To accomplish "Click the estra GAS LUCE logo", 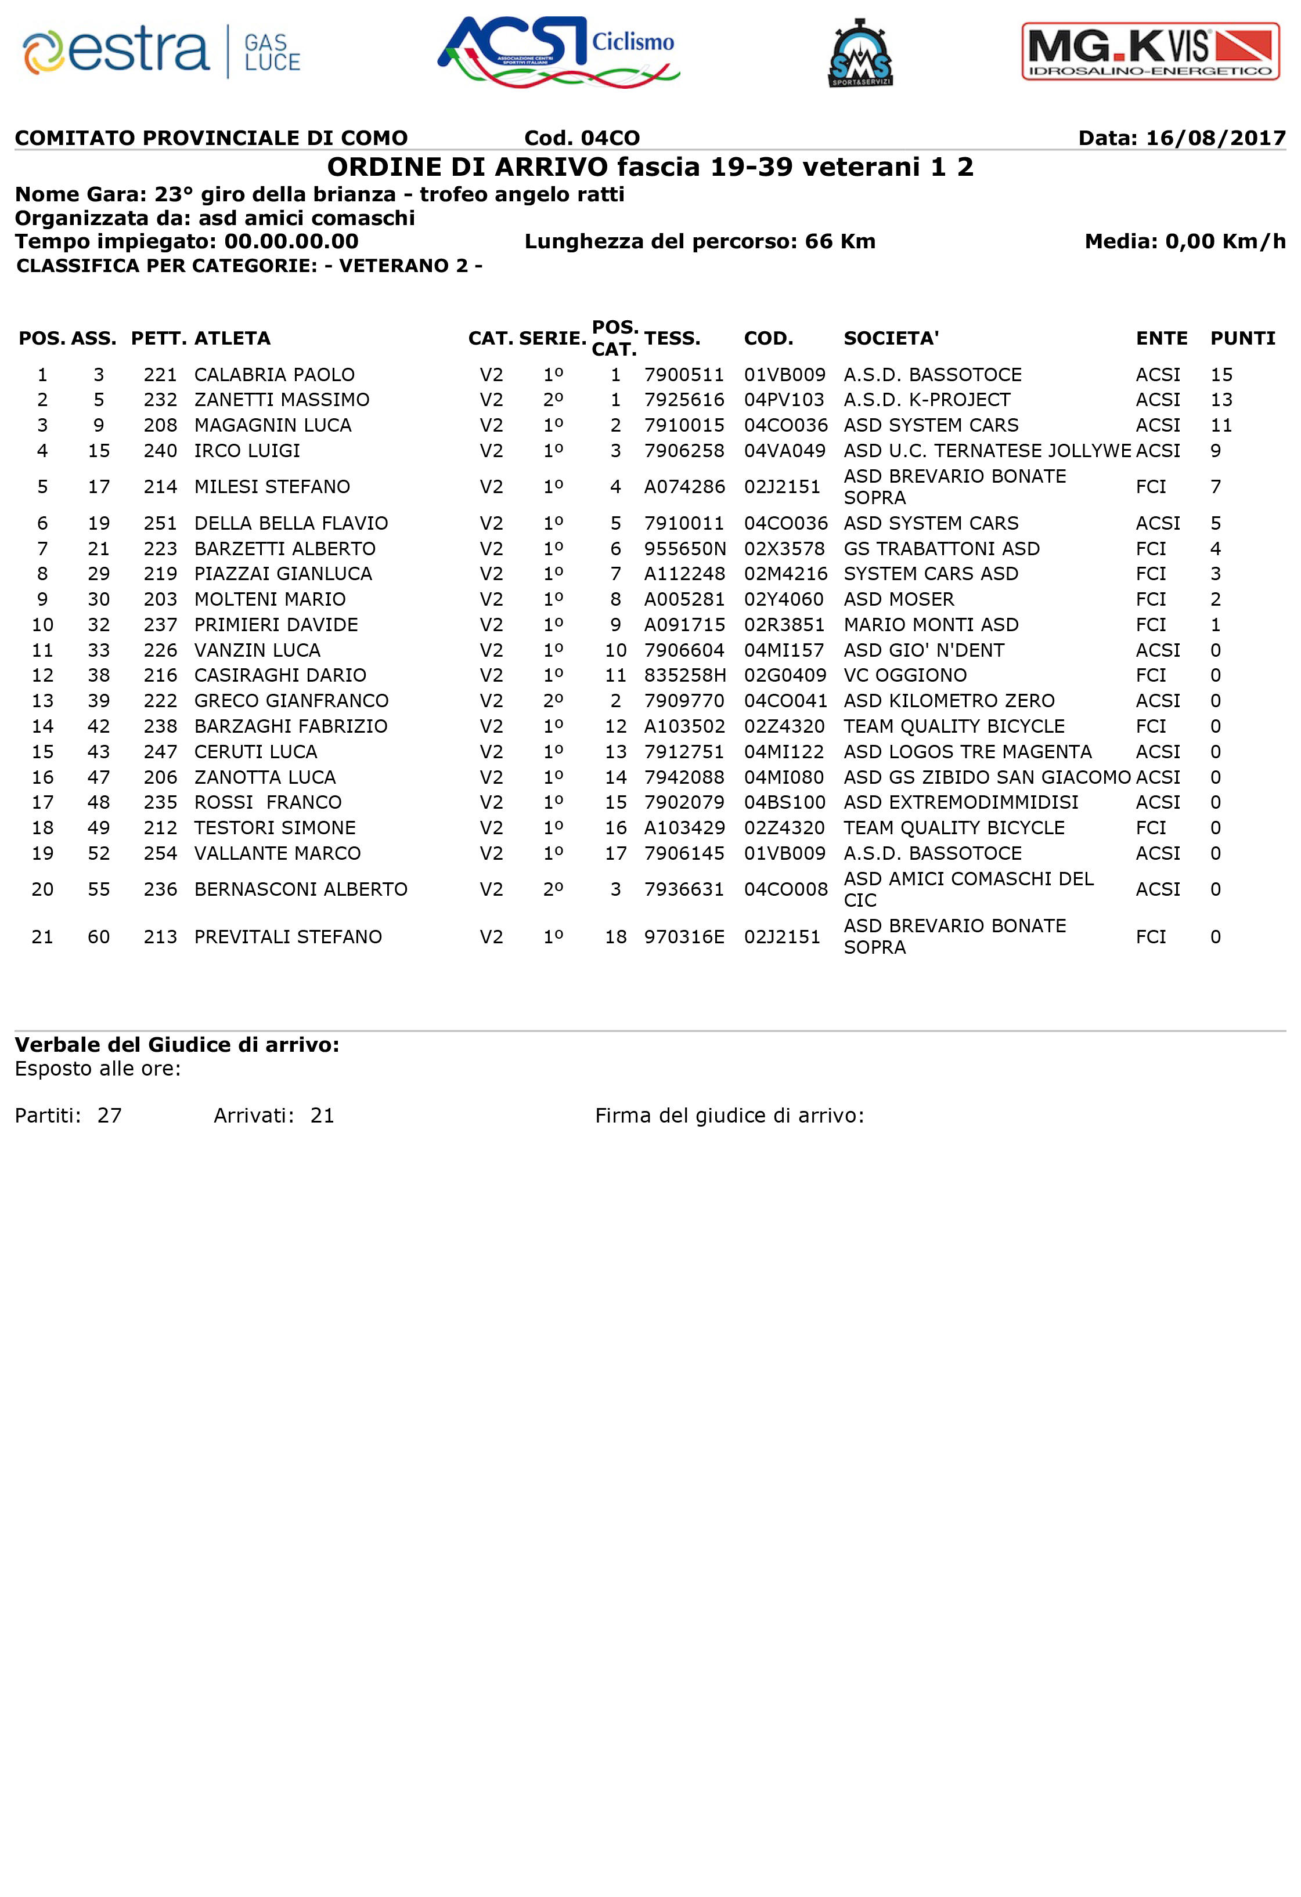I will (x=162, y=52).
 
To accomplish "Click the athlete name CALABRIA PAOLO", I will (x=275, y=375).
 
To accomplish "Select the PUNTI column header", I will (x=1242, y=338).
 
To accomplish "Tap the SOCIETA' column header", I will (x=891, y=338).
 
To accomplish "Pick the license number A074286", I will (x=684, y=487).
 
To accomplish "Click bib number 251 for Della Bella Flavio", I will (x=160, y=523).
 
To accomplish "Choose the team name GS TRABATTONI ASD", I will (x=942, y=549).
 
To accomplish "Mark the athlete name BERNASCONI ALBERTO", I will (x=301, y=889).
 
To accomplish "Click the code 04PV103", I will (x=784, y=400).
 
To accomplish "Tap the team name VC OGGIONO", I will (x=905, y=675).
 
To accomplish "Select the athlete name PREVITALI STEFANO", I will (x=287, y=936).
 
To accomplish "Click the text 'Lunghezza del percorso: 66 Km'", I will (x=700, y=241).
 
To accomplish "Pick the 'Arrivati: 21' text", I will (x=273, y=1116).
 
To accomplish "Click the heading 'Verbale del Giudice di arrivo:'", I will (x=176, y=1045).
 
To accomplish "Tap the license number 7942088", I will (x=684, y=777).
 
